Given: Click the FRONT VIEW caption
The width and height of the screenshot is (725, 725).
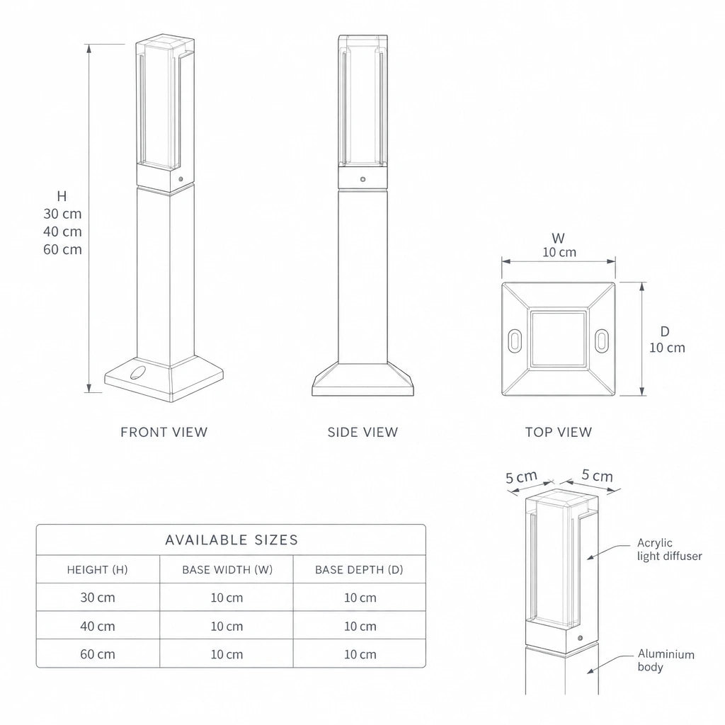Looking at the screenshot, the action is click(x=164, y=433).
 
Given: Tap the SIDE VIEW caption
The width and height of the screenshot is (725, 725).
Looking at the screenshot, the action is click(x=362, y=433).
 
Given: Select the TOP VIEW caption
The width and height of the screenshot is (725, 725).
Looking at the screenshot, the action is click(x=559, y=433).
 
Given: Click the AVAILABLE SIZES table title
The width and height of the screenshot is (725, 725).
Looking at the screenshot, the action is click(x=232, y=540).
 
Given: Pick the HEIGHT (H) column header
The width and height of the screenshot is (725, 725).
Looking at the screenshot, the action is click(x=97, y=570).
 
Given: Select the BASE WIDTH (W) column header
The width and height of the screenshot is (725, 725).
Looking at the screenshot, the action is click(x=227, y=570).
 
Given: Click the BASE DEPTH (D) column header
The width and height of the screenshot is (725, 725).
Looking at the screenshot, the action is click(x=359, y=570).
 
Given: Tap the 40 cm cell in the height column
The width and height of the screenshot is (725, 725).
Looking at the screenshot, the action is click(x=98, y=626).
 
